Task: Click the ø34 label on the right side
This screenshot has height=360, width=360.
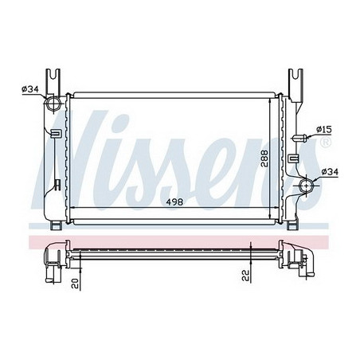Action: (329, 170)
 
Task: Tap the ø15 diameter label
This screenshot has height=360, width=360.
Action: (324, 128)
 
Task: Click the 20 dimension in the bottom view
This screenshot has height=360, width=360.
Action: (72, 282)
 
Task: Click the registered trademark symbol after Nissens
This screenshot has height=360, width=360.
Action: (325, 144)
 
